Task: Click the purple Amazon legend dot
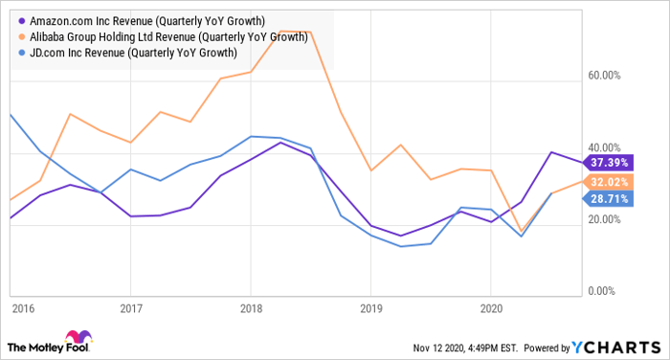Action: (x=22, y=21)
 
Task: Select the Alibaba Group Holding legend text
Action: (x=168, y=37)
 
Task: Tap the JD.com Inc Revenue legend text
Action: (x=133, y=53)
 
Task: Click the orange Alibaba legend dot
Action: (x=22, y=37)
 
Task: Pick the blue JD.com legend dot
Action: (x=22, y=53)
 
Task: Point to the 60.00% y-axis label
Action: (x=604, y=76)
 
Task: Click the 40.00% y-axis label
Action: (x=604, y=148)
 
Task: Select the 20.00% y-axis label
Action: (x=604, y=220)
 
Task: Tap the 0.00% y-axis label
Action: (x=602, y=291)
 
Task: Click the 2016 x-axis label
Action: (x=23, y=308)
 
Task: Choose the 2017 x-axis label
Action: (x=131, y=308)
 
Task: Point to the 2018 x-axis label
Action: (x=251, y=308)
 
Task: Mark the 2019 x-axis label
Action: (x=371, y=308)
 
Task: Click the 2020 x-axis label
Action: (x=491, y=308)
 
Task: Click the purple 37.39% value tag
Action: (x=608, y=163)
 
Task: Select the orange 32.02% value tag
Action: (x=608, y=182)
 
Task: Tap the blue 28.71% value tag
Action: (x=608, y=199)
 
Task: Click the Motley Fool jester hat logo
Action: (x=78, y=337)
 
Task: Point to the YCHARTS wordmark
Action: (x=616, y=348)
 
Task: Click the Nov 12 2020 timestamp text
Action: (x=465, y=348)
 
